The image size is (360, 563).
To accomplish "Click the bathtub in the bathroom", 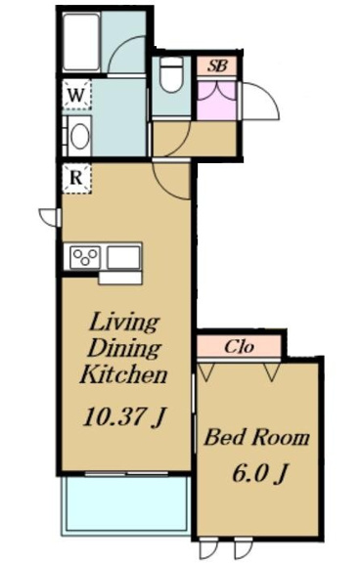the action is point(81,42).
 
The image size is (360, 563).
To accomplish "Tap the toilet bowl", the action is point(171,74).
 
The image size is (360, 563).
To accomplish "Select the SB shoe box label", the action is point(217,65).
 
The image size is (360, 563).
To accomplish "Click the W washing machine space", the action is point(77,95).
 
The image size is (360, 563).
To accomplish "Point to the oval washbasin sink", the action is point(80,136).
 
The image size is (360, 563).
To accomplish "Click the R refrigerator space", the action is point(76,179).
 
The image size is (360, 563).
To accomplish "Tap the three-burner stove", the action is point(85,257).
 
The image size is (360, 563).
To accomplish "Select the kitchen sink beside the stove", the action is point(123,257).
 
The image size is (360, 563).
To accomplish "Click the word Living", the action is point(124,324).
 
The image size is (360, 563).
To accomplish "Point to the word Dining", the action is point(124,348).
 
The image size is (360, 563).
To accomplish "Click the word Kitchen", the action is point(124,374).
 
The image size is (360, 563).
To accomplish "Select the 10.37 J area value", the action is point(124,417).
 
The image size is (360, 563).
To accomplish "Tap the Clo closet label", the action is point(239,346).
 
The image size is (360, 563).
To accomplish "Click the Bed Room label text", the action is point(256,437).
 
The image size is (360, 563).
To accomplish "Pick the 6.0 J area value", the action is point(259,473).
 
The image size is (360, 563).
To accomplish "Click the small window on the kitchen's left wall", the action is point(50,217).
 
